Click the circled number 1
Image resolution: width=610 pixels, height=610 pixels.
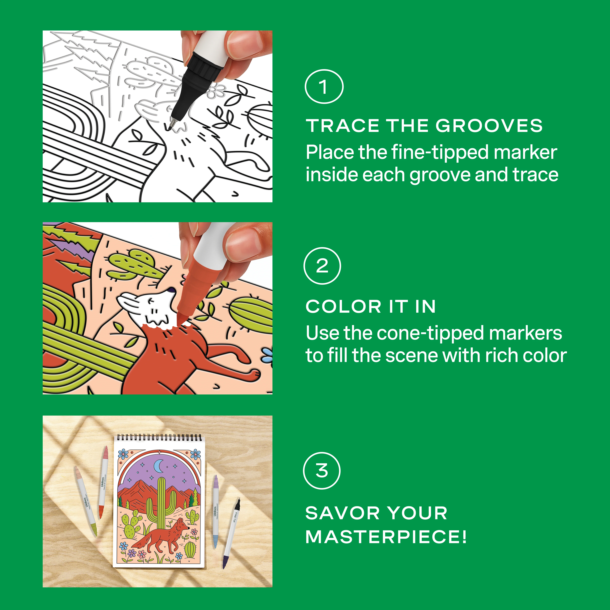(324, 87)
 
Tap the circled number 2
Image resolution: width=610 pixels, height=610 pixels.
(322, 266)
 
